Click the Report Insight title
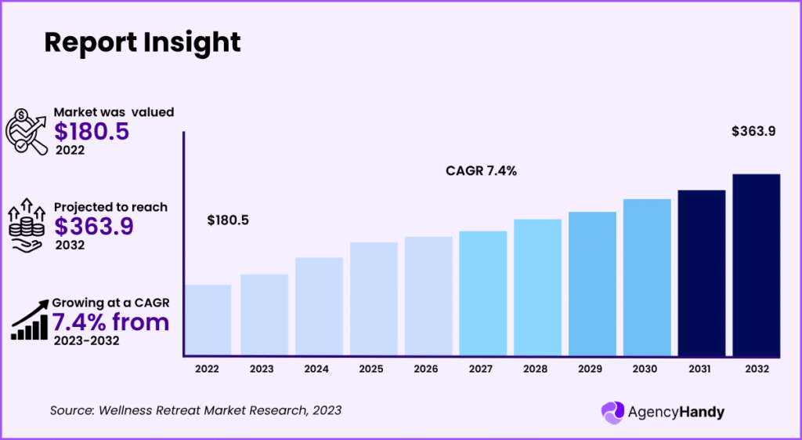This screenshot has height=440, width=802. click(x=142, y=42)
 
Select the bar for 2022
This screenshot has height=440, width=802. click(x=208, y=319)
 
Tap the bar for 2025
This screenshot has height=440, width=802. click(x=374, y=298)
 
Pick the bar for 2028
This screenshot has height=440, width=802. click(x=537, y=286)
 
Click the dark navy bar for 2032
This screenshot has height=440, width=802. click(x=756, y=264)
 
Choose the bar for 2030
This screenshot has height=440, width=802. click(x=647, y=276)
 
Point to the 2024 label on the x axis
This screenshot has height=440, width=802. click(x=317, y=368)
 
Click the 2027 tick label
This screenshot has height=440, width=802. click(x=482, y=368)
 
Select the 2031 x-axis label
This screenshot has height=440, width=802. click(x=701, y=368)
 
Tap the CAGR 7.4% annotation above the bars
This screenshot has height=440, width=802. click(x=481, y=171)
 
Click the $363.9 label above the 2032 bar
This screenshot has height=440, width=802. click(x=753, y=132)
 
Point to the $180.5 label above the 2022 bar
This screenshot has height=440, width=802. click(x=228, y=220)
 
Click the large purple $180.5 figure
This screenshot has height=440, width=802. click(x=92, y=132)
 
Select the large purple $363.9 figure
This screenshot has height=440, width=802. click(x=94, y=226)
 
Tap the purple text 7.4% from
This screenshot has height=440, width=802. click(x=110, y=322)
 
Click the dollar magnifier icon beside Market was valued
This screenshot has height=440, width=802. click(x=28, y=129)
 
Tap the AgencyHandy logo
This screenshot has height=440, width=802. click(x=654, y=411)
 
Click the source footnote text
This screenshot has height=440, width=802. click(x=196, y=410)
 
